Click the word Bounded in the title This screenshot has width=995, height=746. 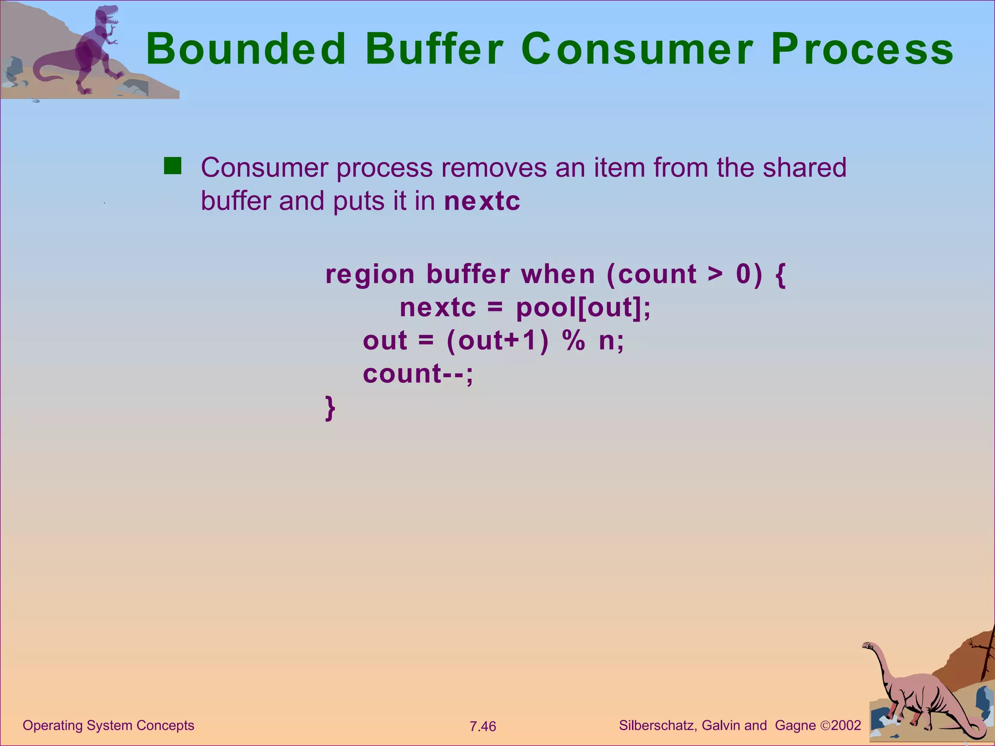click(x=246, y=49)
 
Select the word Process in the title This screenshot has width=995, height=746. click(x=862, y=49)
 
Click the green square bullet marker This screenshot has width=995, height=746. click(x=172, y=166)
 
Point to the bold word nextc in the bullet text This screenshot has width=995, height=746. click(x=482, y=201)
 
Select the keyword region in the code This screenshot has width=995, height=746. click(x=370, y=274)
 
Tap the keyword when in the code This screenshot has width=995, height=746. click(x=558, y=274)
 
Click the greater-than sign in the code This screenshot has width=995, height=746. click(x=715, y=274)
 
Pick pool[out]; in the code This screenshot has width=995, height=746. click(x=583, y=308)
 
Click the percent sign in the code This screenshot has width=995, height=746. click(x=574, y=340)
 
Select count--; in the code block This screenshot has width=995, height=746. click(x=418, y=374)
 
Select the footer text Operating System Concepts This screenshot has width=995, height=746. click(x=108, y=726)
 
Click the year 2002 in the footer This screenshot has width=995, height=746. click(x=846, y=726)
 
